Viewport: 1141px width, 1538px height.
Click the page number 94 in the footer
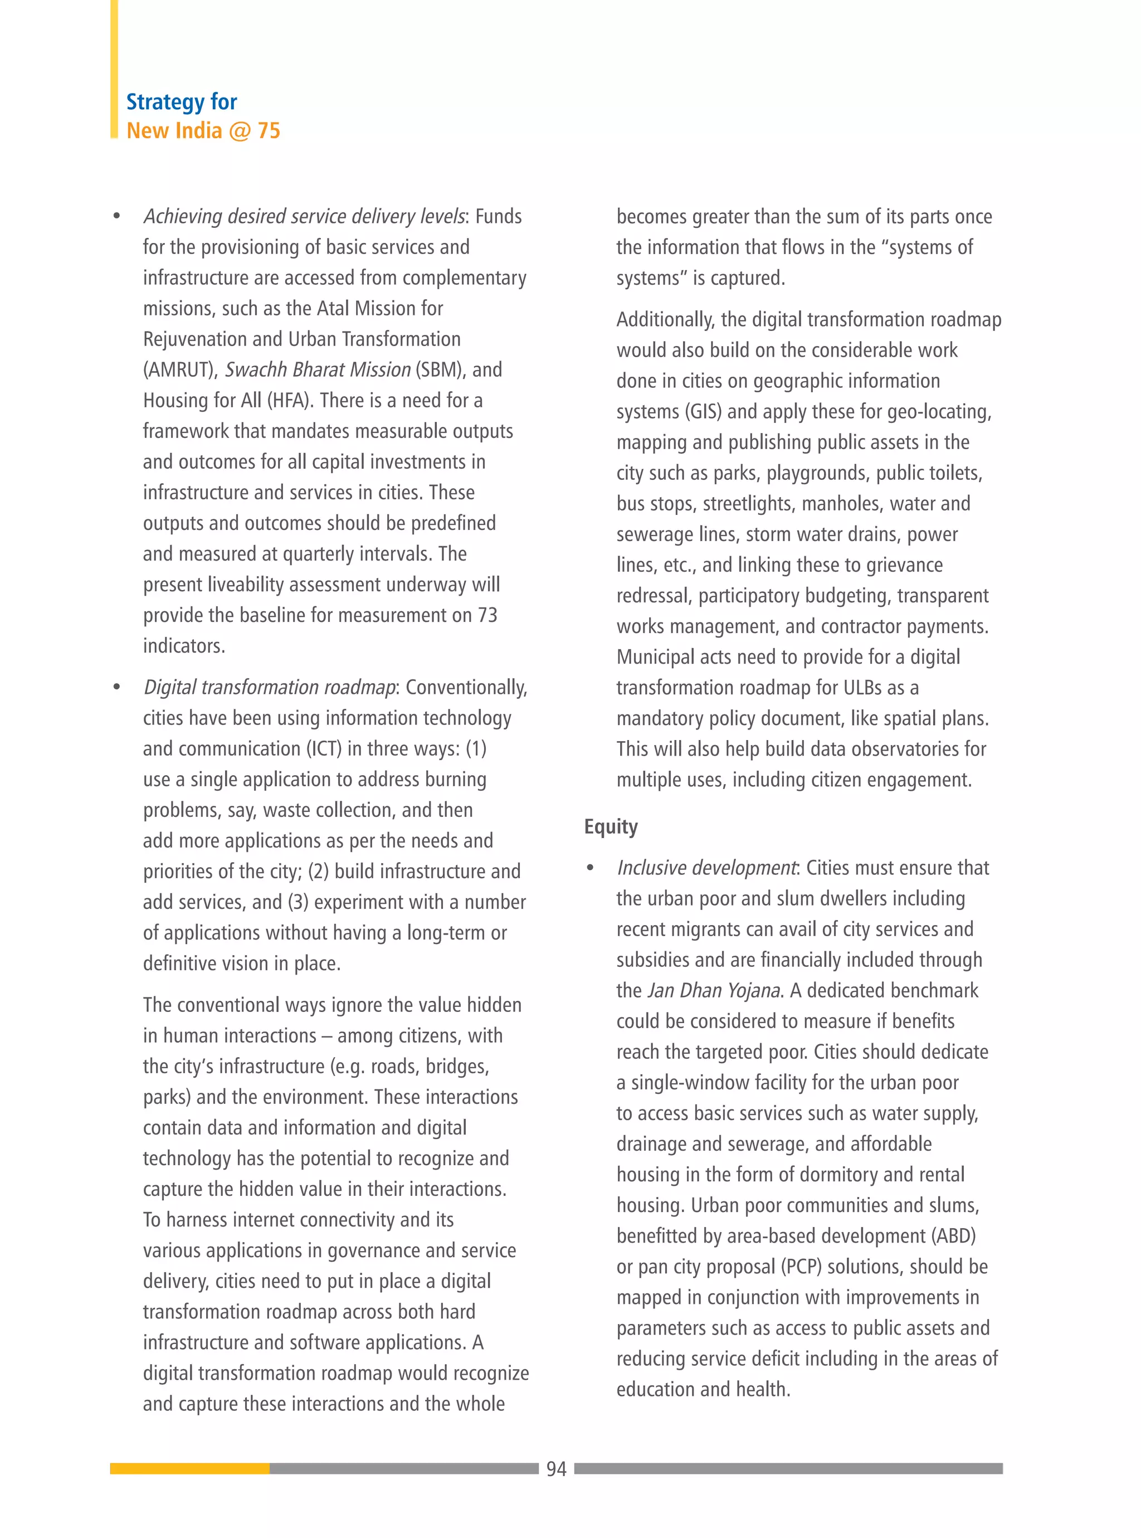[556, 1469]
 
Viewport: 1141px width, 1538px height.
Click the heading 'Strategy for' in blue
[182, 102]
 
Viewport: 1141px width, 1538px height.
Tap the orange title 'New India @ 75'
[203, 130]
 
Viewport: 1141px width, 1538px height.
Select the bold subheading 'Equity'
[611, 826]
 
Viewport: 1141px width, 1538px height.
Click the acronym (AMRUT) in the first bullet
[181, 370]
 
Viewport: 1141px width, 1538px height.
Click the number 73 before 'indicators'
[487, 615]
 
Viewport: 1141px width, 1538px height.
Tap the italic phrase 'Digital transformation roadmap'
[269, 687]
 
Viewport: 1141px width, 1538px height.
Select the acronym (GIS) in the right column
[704, 412]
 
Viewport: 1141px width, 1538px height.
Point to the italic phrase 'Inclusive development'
[706, 868]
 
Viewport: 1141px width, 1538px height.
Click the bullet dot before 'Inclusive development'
[590, 868]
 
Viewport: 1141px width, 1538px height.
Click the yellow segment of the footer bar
[189, 1468]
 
